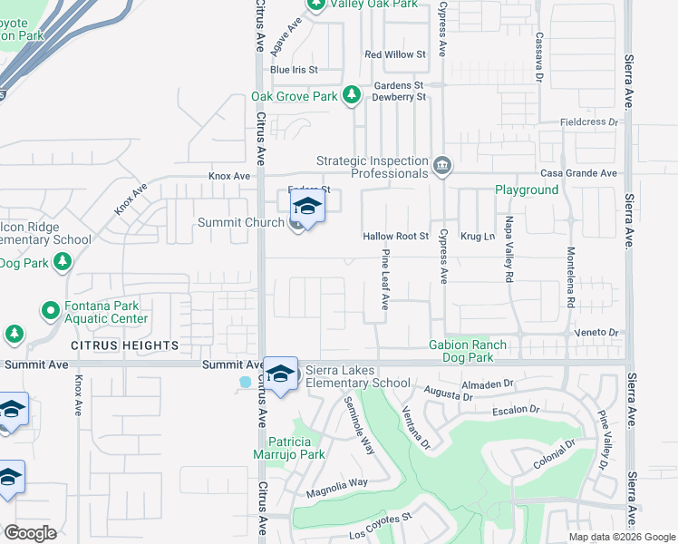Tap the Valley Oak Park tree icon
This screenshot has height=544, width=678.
[x=316, y=5]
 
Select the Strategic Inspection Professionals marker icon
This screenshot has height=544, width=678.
[x=441, y=164]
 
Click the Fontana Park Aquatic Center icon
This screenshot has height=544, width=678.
[x=51, y=311]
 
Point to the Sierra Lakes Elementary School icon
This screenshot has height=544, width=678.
[x=281, y=374]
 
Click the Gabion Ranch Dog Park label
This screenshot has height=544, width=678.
[x=480, y=351]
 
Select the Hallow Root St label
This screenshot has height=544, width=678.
[x=395, y=236]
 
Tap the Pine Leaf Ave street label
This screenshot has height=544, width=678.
[x=385, y=281]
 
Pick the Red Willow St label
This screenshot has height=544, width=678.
[x=395, y=54]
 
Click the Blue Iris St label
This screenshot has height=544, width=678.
[x=294, y=69]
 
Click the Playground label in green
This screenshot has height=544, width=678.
[x=526, y=189]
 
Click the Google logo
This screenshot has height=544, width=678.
[x=30, y=533]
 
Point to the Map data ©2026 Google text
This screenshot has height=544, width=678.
[x=621, y=537]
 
